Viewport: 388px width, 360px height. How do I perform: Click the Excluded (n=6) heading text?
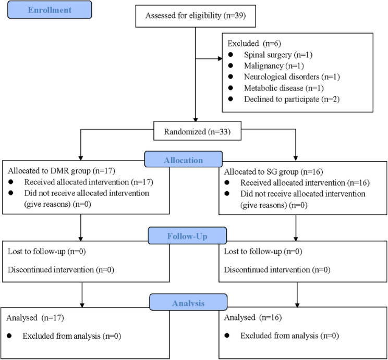click(251, 42)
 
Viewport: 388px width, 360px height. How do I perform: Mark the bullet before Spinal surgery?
click(231, 54)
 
